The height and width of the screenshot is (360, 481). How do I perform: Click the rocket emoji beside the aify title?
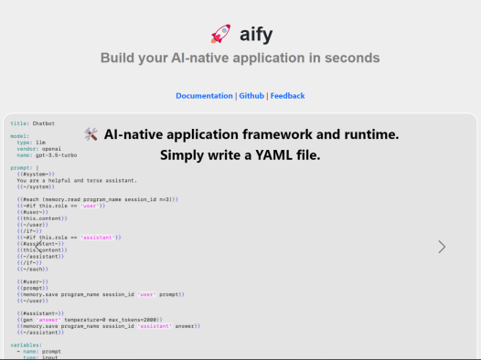(220, 36)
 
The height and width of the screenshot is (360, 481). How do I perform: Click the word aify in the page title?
(255, 36)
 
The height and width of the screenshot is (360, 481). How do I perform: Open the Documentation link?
(204, 96)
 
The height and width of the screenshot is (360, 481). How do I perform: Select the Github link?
(251, 96)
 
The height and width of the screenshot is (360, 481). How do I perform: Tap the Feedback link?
(287, 96)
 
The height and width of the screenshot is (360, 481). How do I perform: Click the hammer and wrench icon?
(91, 134)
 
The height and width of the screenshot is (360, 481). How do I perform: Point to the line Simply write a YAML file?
(240, 155)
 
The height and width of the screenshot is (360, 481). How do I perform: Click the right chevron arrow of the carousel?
(442, 247)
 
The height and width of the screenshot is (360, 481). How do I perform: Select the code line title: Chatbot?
(33, 122)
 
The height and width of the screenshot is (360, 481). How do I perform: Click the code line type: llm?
(36, 143)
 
